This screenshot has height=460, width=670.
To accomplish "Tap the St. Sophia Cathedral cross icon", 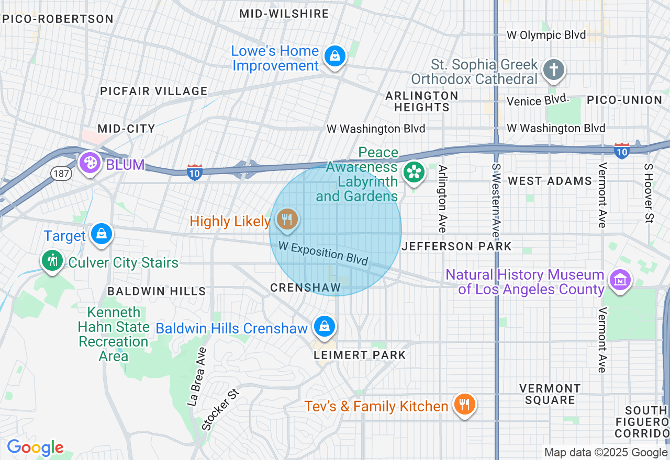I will coord(554,70).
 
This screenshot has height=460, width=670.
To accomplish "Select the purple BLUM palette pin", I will coord(90,162).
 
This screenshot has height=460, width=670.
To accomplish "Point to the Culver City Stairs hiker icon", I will coord(52,260).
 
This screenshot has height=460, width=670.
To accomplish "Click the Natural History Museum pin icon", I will coord(620,280).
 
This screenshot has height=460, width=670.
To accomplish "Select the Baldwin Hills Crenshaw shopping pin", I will coord(325,327).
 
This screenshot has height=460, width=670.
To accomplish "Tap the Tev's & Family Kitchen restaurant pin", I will coord(464,404).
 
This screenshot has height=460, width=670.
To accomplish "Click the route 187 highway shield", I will coord(61,173).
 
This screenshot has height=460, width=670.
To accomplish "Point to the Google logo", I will coord(35,447).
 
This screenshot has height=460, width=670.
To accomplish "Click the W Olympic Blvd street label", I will coord(546,36).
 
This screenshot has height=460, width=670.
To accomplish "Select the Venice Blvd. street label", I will coord(538,100).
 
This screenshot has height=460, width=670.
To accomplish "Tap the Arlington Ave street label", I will coord(443,199).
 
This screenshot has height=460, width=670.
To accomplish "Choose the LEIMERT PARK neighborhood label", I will coord(360,355).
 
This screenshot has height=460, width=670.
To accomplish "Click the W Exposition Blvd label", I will coord(323,253).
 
